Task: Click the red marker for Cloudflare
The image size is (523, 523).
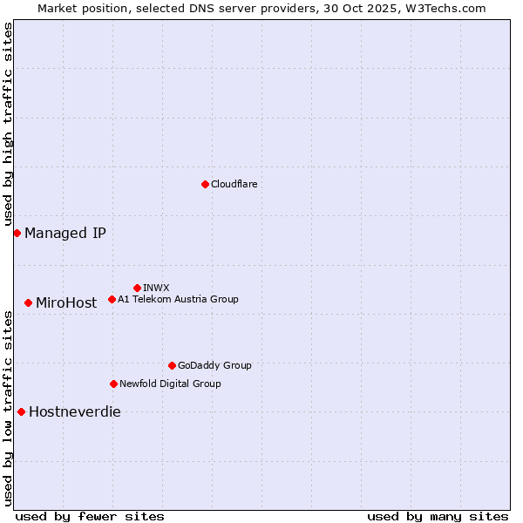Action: [205, 184]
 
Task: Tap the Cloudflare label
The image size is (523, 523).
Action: [234, 184]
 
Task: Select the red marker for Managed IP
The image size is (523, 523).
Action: [17, 233]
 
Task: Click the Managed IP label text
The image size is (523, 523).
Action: [65, 233]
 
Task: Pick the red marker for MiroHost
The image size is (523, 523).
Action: [29, 302]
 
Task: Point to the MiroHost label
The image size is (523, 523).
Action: [66, 303]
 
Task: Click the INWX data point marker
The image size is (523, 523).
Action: [137, 288]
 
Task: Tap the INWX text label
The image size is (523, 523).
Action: [156, 288]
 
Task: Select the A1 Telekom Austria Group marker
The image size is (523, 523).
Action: [112, 299]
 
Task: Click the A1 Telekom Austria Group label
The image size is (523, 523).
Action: [178, 299]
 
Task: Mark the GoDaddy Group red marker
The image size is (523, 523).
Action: [172, 365]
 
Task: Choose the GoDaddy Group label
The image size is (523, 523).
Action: [214, 365]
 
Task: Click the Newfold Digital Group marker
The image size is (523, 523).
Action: [113, 384]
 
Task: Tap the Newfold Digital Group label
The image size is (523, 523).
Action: [170, 384]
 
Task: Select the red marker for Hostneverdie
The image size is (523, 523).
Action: [21, 411]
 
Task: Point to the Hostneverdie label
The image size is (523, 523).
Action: [75, 412]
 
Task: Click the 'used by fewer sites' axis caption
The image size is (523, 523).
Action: [90, 516]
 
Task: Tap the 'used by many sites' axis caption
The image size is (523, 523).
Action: [438, 516]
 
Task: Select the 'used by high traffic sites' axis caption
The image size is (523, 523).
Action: [8, 125]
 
